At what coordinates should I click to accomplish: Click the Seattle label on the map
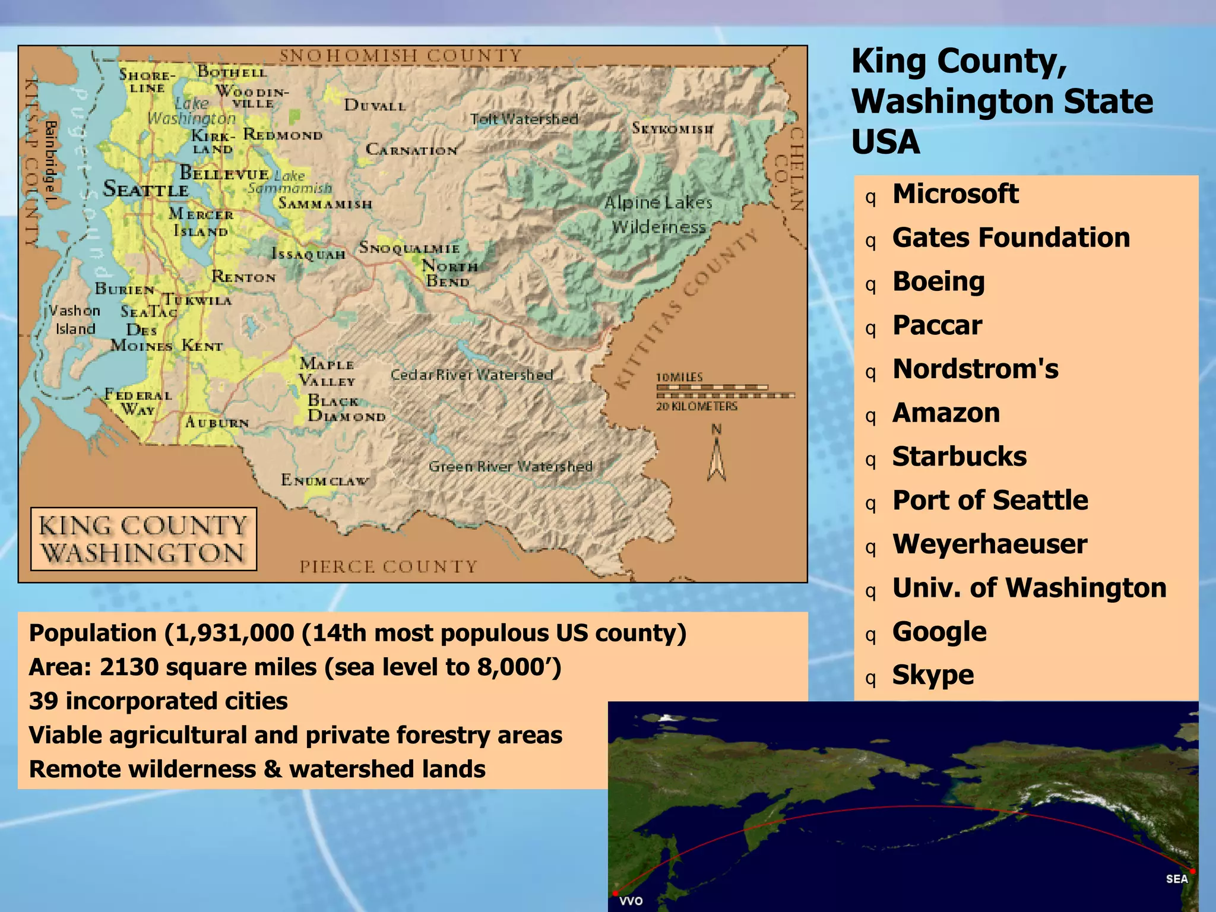click(x=145, y=189)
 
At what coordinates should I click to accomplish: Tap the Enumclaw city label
click(x=325, y=480)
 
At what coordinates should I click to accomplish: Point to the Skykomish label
click(x=672, y=128)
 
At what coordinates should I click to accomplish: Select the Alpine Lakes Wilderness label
click(x=658, y=214)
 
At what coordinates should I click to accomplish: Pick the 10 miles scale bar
click(x=712, y=387)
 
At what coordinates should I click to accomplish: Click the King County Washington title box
click(x=144, y=539)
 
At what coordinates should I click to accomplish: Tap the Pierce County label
click(x=388, y=566)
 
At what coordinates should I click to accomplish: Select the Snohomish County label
click(x=400, y=56)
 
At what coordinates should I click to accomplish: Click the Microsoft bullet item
click(x=955, y=194)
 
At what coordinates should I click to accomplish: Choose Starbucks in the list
click(x=959, y=457)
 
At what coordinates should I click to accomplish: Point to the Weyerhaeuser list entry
click(x=990, y=544)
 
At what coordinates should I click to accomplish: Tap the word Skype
click(x=933, y=675)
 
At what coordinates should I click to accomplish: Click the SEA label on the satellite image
click(x=1176, y=879)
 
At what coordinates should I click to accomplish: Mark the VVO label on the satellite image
click(x=631, y=901)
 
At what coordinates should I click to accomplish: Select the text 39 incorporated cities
click(x=159, y=701)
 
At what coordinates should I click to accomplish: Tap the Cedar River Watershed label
click(x=472, y=375)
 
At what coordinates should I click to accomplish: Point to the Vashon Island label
click(x=75, y=319)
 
